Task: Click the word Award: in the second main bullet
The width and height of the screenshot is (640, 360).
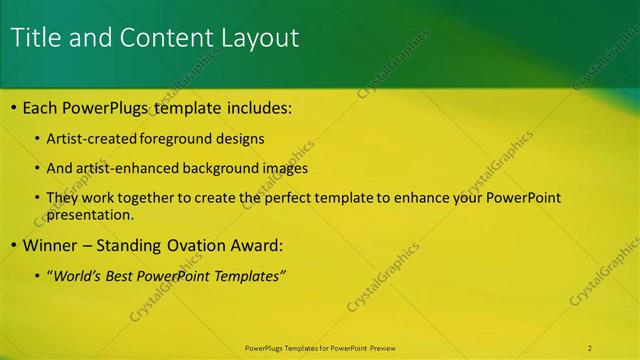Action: (x=256, y=245)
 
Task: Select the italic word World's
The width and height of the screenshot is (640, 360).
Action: (x=79, y=276)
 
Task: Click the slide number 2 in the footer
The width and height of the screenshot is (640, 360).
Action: (x=590, y=348)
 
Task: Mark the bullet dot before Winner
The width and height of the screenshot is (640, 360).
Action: (x=13, y=246)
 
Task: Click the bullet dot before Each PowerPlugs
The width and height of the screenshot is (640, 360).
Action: (x=13, y=108)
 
